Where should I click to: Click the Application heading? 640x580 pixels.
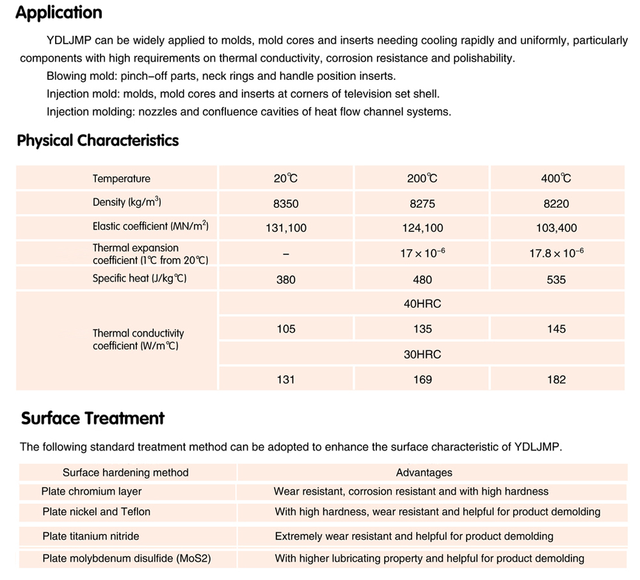58,13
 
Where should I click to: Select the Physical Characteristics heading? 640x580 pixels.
98,141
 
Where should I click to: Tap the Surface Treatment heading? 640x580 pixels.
93,418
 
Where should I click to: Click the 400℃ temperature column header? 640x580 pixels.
556,178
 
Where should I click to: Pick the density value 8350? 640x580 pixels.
285,204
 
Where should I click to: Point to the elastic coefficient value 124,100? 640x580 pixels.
422,228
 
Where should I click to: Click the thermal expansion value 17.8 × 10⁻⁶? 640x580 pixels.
556,253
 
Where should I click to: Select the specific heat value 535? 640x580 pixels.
556,279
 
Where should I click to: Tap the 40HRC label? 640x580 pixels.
422,304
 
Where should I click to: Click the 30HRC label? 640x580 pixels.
422,354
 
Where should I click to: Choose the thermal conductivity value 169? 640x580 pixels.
422,379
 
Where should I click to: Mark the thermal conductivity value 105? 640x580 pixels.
285,329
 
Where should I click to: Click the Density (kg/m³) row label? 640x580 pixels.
127,203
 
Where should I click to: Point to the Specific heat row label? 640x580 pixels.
140,279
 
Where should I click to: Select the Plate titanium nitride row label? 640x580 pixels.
90,536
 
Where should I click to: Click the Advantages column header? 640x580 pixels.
424,473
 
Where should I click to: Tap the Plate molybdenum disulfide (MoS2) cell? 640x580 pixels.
127,558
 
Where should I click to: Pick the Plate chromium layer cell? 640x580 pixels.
92,491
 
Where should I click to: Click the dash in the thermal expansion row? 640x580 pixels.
285,254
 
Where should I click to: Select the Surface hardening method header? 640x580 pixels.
125,473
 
